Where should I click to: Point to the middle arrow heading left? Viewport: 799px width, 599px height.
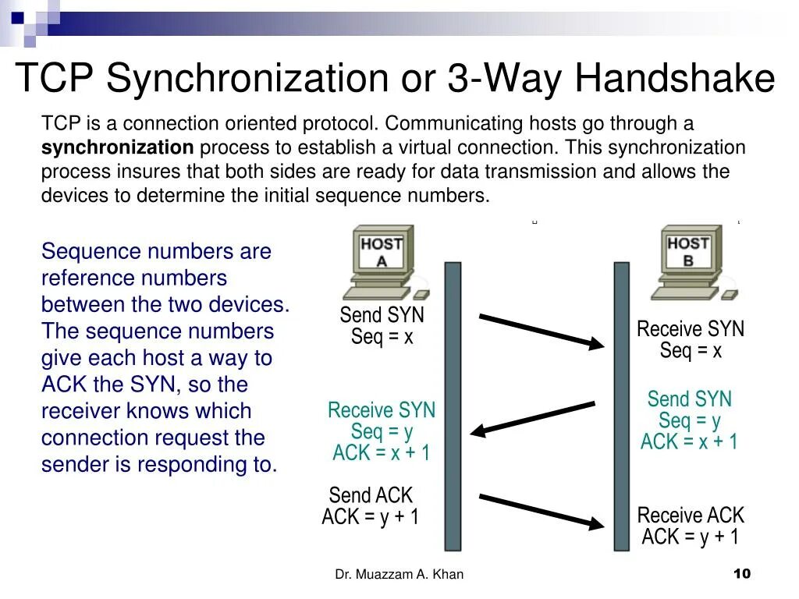(534, 417)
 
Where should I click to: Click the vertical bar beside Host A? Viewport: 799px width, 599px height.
(453, 406)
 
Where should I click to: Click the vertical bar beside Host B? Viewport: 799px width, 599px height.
(621, 406)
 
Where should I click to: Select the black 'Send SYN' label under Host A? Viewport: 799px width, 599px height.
(382, 316)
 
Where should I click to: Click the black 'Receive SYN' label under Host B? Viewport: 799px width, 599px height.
(691, 329)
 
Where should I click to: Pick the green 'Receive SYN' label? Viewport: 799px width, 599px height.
(382, 410)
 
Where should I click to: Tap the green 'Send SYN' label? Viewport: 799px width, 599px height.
(690, 399)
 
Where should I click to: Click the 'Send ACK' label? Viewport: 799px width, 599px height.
(371, 495)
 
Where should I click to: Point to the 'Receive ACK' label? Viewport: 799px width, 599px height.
(691, 516)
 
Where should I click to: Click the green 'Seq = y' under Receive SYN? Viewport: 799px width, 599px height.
(382, 431)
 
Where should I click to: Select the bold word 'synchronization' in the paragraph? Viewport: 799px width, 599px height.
(117, 147)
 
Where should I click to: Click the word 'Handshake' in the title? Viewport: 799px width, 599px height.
(676, 78)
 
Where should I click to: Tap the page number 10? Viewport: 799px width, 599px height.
(741, 574)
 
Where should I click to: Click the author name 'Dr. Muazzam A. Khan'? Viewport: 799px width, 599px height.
(399, 575)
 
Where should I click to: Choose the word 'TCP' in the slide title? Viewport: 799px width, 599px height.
(55, 78)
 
